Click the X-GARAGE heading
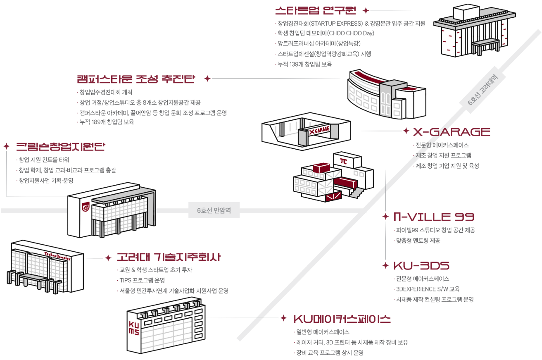coord(451,132)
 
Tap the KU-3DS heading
coord(421,265)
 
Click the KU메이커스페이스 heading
coord(342,319)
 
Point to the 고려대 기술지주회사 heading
coord(169,257)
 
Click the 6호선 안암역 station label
coord(214,210)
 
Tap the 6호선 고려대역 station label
coord(483,92)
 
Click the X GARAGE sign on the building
coord(320,131)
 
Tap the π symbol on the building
coord(343,160)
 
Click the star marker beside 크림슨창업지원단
coord(7,146)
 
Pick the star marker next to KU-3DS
coord(386,265)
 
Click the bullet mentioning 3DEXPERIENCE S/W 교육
coord(428,289)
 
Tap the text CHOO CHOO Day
coord(354,33)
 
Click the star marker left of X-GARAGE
coord(406,131)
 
